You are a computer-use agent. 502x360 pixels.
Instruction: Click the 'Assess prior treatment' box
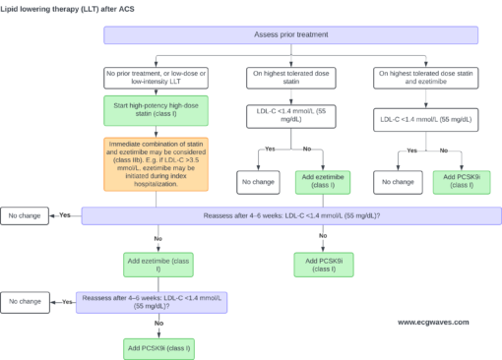click(290, 35)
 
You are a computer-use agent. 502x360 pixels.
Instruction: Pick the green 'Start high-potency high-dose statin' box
click(157, 110)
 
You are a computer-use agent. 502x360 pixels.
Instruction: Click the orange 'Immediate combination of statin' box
click(157, 162)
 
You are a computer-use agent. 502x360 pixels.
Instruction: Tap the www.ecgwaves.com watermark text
click(433, 322)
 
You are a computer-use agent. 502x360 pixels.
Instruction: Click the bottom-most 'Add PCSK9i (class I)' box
click(157, 348)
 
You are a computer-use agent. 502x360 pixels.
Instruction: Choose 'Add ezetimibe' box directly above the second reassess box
click(157, 263)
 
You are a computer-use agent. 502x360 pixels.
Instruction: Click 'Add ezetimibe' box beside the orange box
click(323, 182)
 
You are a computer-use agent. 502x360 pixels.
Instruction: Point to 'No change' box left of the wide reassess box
click(25, 215)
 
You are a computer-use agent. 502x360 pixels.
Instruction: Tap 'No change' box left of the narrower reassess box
click(25, 302)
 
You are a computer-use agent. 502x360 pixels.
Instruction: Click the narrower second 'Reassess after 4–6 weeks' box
click(152, 302)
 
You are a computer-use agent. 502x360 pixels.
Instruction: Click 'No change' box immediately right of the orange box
click(258, 182)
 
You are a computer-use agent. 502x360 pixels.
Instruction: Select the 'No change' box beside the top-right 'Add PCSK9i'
click(397, 182)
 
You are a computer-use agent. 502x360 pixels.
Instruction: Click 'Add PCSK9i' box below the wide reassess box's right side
click(323, 263)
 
